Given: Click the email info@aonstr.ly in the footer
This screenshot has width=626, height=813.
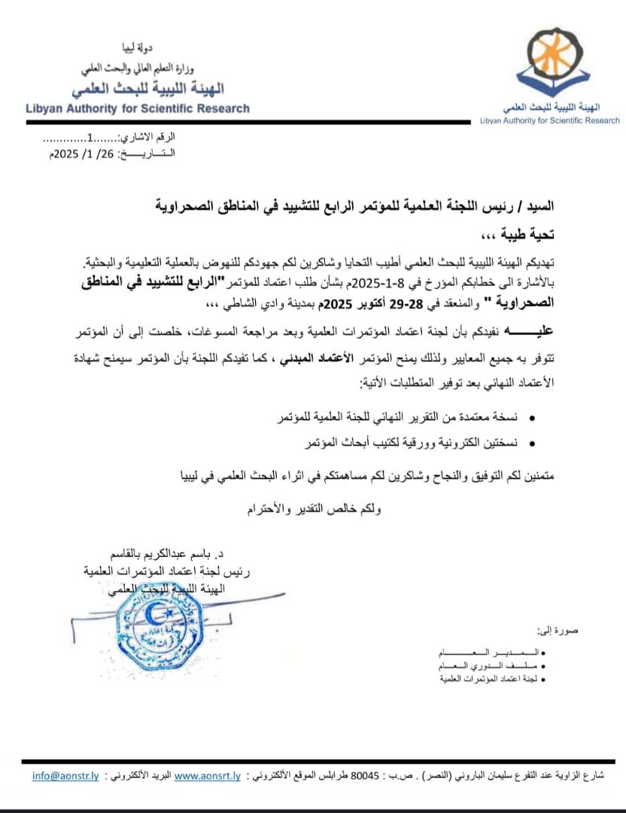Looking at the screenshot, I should [x=66, y=776].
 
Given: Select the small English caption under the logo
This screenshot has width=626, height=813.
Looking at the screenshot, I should [x=550, y=120].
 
